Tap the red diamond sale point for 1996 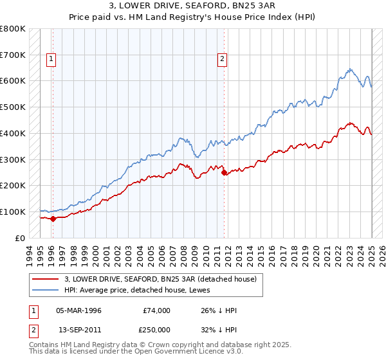[x=53, y=219]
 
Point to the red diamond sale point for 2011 [x=224, y=172]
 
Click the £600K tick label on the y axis [x=12, y=81]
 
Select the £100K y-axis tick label [x=12, y=212]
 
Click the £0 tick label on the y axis [x=20, y=238]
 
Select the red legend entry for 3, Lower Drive [x=161, y=279]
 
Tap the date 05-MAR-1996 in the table [x=78, y=310]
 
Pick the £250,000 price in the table [x=157, y=328]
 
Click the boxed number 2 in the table [x=33, y=328]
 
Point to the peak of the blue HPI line [x=349, y=69]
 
